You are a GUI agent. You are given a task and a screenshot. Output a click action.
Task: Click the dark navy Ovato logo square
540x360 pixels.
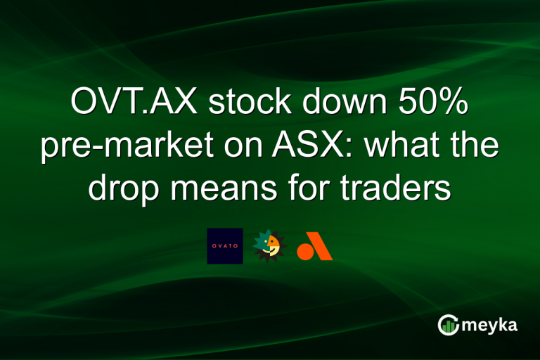coord(225,246)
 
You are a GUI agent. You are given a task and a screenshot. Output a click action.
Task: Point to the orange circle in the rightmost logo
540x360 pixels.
coord(304,251)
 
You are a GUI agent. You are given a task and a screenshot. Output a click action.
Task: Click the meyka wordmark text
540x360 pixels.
coord(489,325)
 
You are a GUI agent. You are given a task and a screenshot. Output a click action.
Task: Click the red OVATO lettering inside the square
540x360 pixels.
coord(225,247)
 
